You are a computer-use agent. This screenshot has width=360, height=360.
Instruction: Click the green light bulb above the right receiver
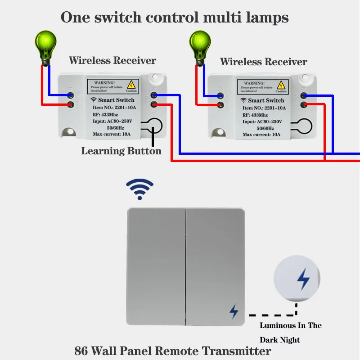(x=198, y=45)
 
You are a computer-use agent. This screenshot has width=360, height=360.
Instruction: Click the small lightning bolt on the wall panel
(x=234, y=311)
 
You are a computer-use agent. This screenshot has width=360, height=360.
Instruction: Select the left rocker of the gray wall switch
(x=156, y=266)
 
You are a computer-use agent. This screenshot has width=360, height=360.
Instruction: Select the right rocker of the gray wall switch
(x=216, y=266)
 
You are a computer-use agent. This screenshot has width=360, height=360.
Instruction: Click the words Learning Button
(x=121, y=151)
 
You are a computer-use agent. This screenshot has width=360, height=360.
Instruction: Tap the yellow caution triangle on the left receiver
(x=131, y=84)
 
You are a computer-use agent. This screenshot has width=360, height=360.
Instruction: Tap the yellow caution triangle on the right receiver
(x=281, y=85)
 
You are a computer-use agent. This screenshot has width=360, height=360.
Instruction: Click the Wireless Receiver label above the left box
(x=112, y=60)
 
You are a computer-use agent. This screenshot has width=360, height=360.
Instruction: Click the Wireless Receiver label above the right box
(x=263, y=62)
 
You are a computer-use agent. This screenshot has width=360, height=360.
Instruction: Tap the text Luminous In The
(x=291, y=325)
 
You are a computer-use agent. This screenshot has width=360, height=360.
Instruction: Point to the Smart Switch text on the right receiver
(x=266, y=100)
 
